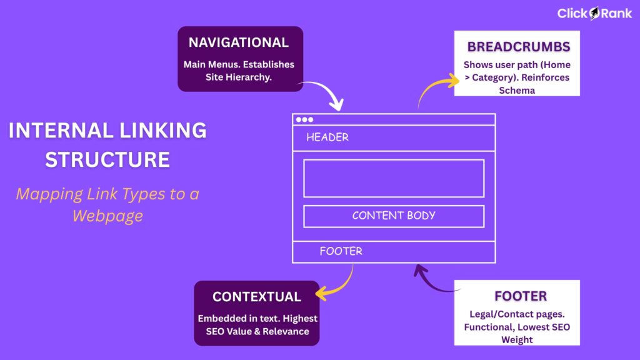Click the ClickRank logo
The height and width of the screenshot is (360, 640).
coord(594,13)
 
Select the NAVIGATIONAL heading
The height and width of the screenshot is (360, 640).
coord(239,42)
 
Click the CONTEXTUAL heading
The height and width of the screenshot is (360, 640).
coord(256,297)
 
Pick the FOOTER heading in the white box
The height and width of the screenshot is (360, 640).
coord(520,296)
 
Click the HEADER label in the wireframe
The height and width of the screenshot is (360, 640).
coord(327,137)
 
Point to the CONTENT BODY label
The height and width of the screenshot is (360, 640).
coord(394,216)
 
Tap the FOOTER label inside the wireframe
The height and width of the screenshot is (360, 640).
coord(341,251)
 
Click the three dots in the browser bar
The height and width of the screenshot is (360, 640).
coord(305,119)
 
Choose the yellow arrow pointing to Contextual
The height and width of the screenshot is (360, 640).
coord(337,285)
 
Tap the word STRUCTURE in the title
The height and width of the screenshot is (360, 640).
coord(107,159)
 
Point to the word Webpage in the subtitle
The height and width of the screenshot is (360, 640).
coord(107,216)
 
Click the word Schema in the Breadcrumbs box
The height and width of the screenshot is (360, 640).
coord(517,90)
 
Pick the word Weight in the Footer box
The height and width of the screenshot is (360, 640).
coord(517,339)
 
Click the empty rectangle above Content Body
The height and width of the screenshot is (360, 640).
coord(394,178)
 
